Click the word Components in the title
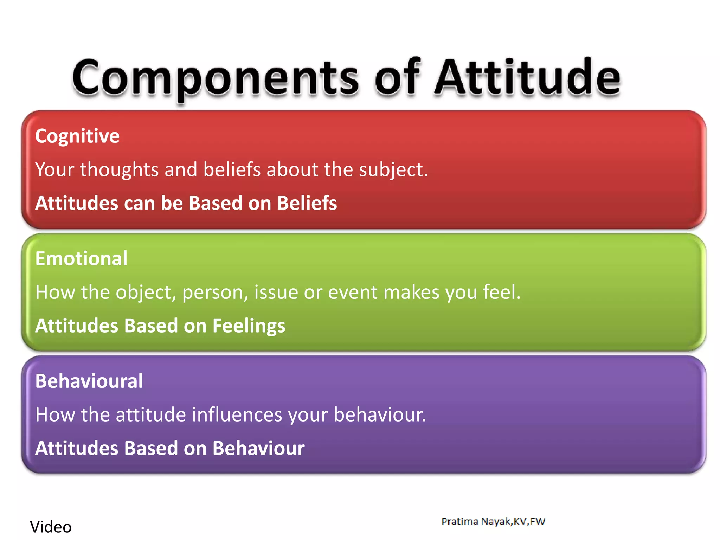coord(215,78)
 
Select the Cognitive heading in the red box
coord(77,136)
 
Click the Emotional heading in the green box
coord(81,258)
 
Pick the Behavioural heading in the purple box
coord(89,381)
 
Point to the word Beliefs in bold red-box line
coord(307,203)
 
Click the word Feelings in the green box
coord(249,326)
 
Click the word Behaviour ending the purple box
coord(258,448)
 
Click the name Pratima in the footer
coord(459,521)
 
